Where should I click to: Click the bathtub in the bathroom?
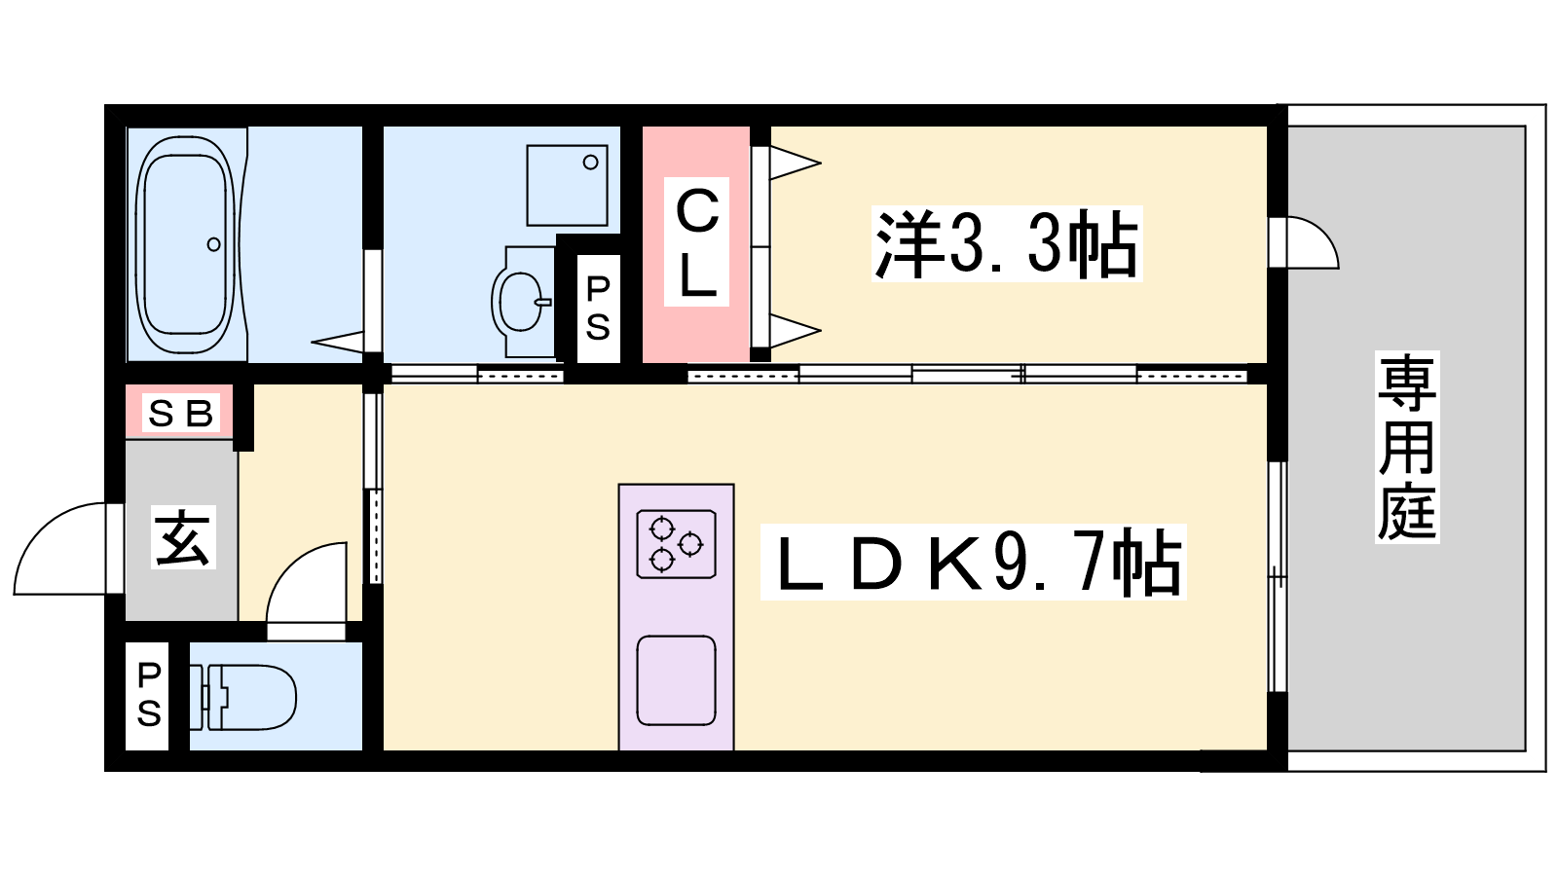tap(185, 244)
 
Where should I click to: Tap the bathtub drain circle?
tap(213, 244)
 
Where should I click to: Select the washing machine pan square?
tap(567, 185)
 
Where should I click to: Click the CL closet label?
tap(696, 241)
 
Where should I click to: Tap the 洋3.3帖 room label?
tap(1007, 243)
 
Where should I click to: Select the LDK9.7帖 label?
tap(973, 562)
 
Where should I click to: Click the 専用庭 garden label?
tap(1407, 447)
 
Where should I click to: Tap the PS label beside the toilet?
tap(148, 695)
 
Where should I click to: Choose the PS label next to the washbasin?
tap(598, 309)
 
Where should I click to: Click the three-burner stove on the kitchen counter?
tap(677, 544)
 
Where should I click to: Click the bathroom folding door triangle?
tap(338, 342)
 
